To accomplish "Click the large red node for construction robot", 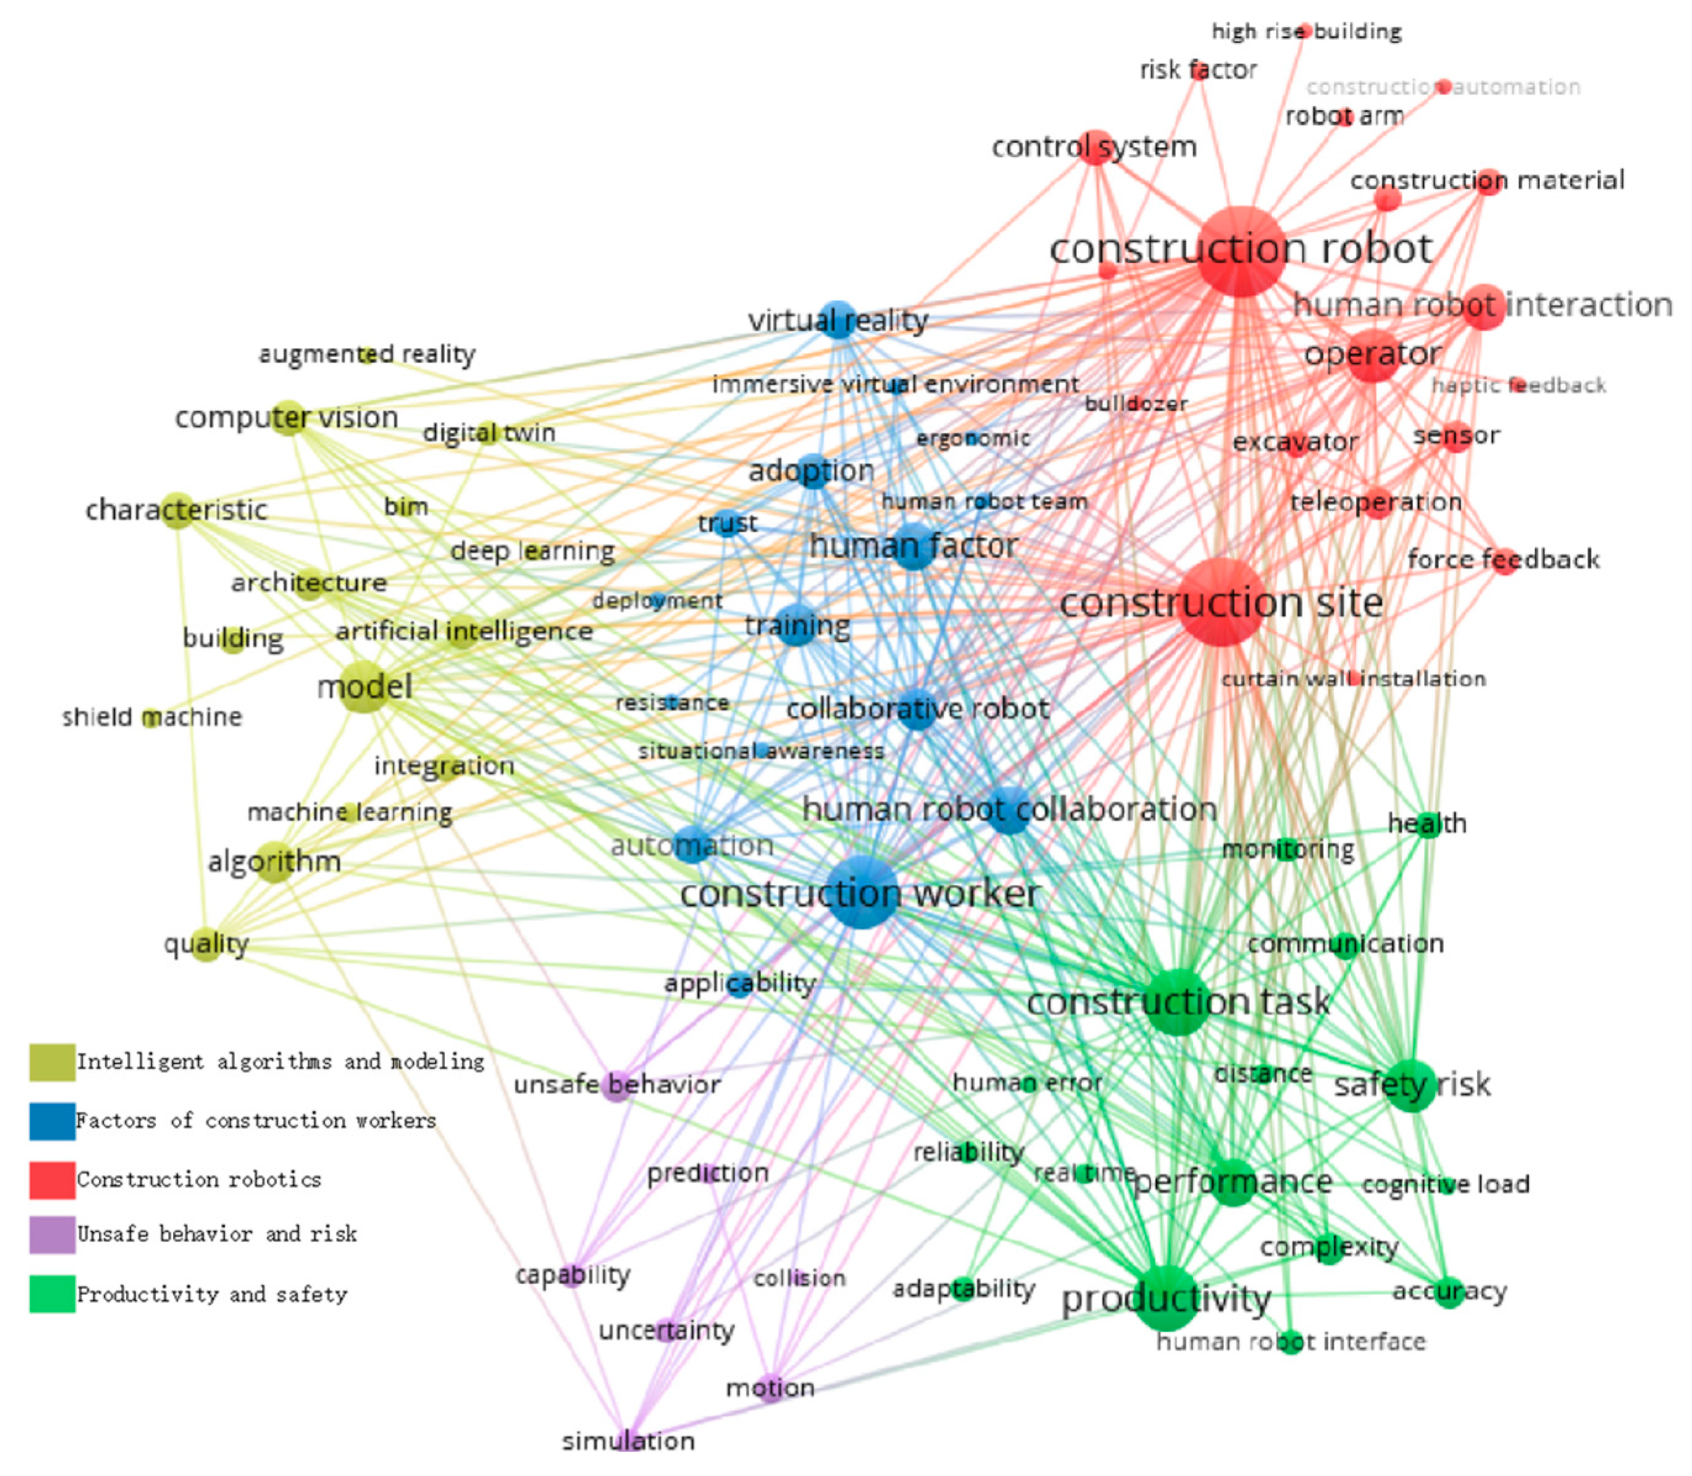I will point(1242,252).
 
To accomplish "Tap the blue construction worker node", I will point(862,892).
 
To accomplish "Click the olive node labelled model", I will point(364,686).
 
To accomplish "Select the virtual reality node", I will point(838,320).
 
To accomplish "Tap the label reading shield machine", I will point(152,716).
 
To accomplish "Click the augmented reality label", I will point(367,354).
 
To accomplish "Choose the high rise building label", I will point(1306,32).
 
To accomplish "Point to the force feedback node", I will point(1505,560).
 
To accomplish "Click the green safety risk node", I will point(1412,1085).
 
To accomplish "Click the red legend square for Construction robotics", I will point(52,1179).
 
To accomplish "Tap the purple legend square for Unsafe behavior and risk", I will point(52,1235).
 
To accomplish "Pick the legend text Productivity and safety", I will point(212,1294).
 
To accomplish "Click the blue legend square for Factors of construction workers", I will point(52,1121).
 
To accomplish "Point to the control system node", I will point(1096,147).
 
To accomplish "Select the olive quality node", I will point(206,944).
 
